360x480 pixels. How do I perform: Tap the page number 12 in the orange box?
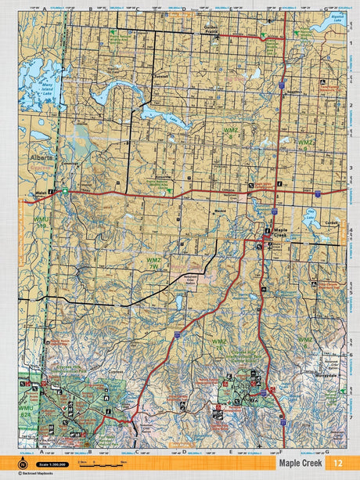[337, 463]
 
